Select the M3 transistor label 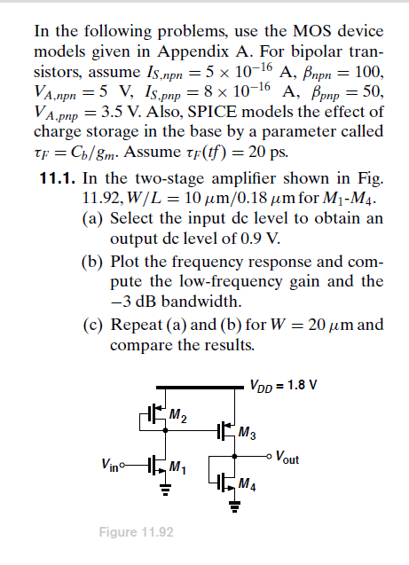[248, 434]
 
